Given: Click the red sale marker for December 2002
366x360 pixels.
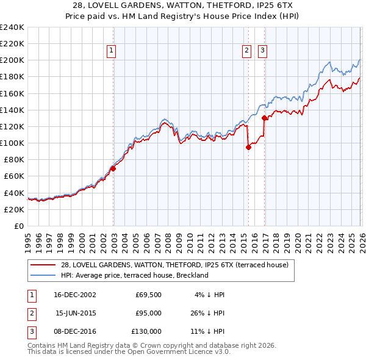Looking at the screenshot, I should click(x=113, y=168).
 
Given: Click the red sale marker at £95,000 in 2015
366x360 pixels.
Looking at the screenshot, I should click(x=248, y=147).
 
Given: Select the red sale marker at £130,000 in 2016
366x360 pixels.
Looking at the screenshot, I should click(x=264, y=118).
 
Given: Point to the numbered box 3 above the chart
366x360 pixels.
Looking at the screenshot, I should click(x=263, y=51).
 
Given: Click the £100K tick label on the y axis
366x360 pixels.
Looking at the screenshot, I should click(x=12, y=143).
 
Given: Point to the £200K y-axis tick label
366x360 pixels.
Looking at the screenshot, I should click(x=12, y=60).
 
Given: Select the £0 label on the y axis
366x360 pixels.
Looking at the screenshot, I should click(x=18, y=226).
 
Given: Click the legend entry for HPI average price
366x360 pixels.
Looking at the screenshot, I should click(x=134, y=275).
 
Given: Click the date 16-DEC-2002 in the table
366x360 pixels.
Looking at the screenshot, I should click(x=75, y=295).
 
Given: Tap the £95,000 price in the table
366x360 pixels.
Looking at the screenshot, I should click(x=148, y=313).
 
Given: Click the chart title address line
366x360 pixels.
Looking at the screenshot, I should click(x=183, y=5).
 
